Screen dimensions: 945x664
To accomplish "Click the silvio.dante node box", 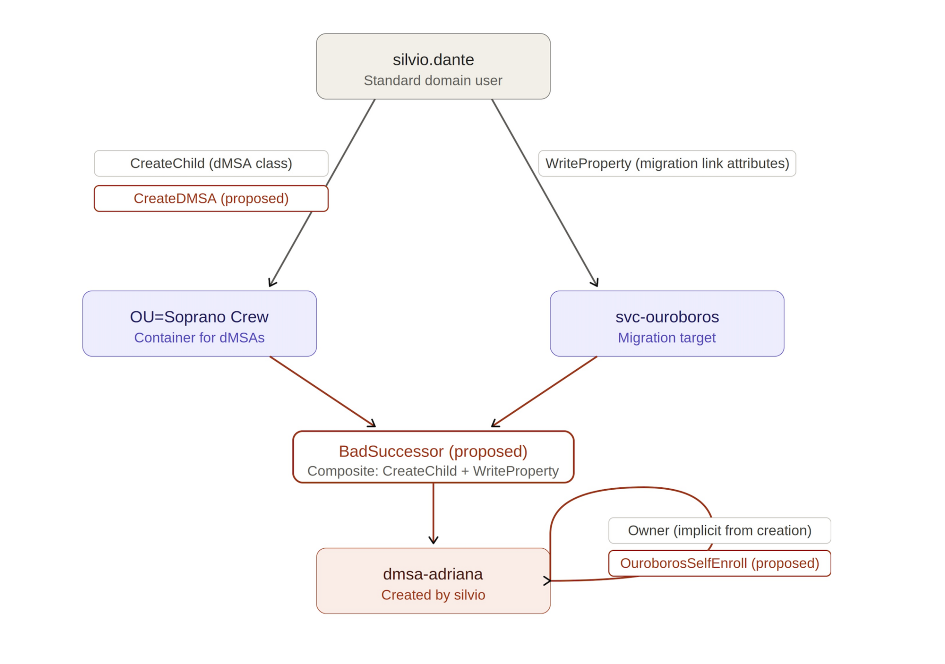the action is click(433, 66).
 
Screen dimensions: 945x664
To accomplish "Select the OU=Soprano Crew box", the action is click(199, 324).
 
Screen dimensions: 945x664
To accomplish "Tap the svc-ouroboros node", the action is click(667, 324).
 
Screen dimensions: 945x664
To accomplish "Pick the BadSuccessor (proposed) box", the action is click(433, 457).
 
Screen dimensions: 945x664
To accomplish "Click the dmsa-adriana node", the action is click(433, 581).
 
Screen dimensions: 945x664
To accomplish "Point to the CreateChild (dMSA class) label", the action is click(211, 164).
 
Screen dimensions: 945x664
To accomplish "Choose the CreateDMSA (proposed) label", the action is click(211, 198).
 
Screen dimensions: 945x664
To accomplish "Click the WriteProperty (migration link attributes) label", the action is click(667, 164).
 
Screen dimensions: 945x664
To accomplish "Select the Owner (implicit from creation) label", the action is click(720, 531).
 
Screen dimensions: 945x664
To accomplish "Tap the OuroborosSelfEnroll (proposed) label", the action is click(720, 563).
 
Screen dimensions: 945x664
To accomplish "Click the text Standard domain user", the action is click(433, 81).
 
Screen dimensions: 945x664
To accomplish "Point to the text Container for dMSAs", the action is click(199, 338).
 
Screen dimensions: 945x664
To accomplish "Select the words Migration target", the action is click(667, 338).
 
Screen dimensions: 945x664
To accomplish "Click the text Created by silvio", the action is click(433, 595).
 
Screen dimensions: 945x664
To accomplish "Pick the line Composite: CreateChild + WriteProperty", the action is click(433, 471).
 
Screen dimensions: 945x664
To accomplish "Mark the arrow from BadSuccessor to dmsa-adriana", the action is click(433, 513).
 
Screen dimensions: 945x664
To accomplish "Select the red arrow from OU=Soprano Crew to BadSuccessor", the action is click(323, 392).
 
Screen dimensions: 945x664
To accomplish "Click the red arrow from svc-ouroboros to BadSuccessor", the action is click(544, 392).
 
